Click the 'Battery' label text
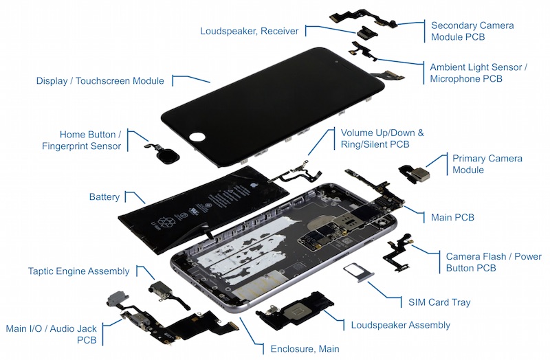(x=104, y=197)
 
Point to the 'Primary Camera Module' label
(x=487, y=164)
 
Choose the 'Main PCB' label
(x=452, y=218)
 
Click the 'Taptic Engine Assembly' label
(x=79, y=271)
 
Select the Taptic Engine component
(x=163, y=291)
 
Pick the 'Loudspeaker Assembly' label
(x=400, y=325)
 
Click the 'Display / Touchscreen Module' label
(x=100, y=81)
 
